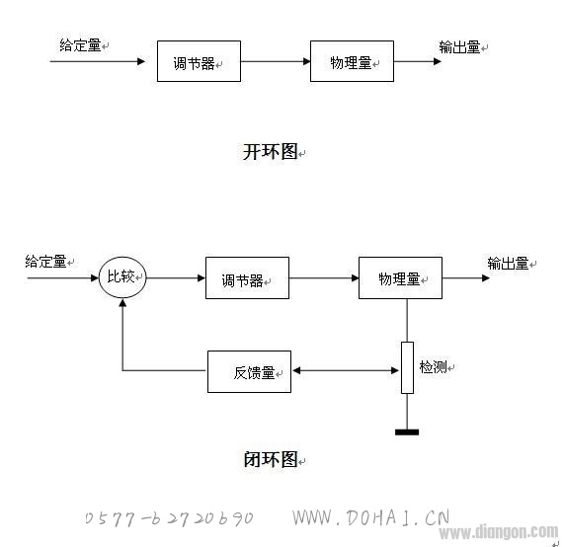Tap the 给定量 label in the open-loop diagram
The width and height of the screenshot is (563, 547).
[x=80, y=45]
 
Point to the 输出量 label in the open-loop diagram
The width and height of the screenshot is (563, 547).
[x=459, y=47]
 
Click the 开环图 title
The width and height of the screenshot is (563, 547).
[x=271, y=151]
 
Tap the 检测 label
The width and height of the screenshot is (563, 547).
[x=433, y=367]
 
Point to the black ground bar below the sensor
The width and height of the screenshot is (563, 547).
[x=407, y=432]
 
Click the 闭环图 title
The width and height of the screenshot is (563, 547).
[x=271, y=459]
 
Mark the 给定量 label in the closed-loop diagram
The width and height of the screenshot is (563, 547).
[x=45, y=262]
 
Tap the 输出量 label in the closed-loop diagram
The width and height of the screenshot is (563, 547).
[x=508, y=264]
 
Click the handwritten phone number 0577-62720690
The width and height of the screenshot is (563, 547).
[x=169, y=518]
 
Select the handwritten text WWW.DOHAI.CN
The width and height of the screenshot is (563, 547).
[x=370, y=517]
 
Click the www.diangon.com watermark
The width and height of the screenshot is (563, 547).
[x=499, y=531]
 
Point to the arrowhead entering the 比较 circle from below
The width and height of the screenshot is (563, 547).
[x=122, y=303]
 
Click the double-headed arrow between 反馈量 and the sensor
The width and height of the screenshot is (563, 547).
[x=346, y=370]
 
